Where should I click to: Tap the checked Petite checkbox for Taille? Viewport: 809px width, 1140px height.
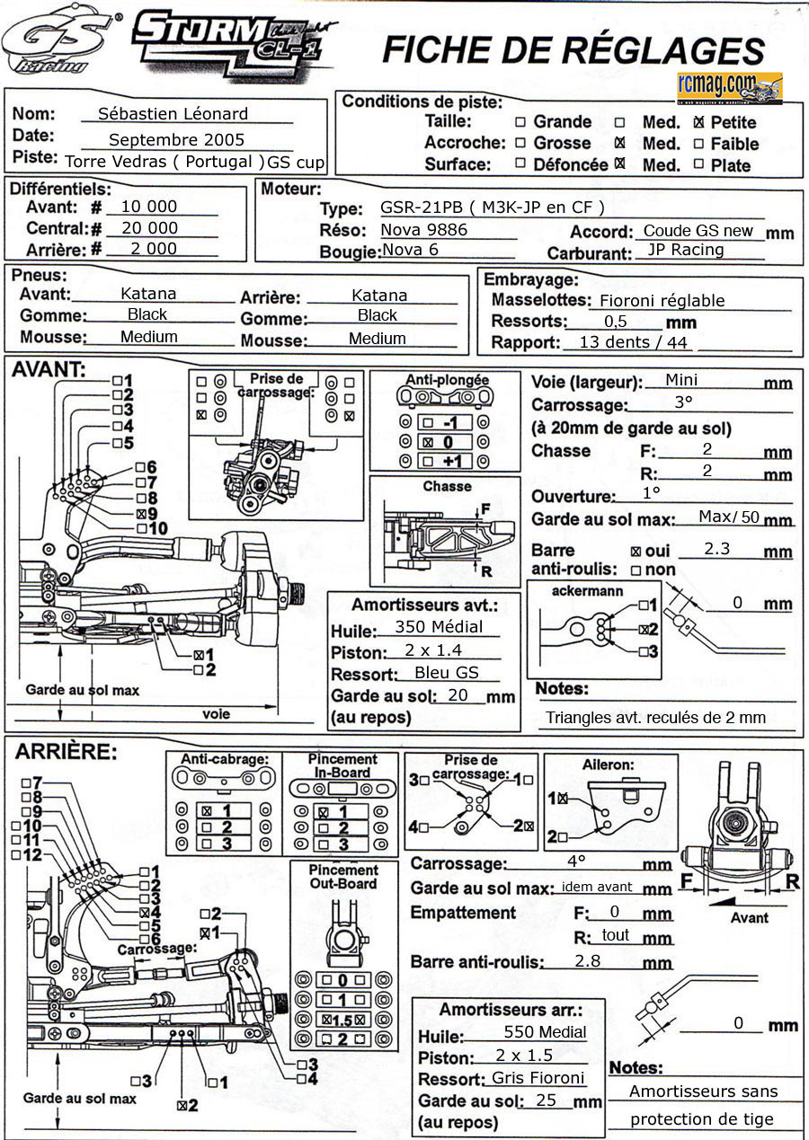[700, 121]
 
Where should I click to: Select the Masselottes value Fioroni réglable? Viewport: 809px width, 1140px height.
[662, 301]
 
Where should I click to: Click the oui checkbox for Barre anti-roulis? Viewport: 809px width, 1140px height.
[636, 551]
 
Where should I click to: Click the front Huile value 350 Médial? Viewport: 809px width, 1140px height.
[439, 627]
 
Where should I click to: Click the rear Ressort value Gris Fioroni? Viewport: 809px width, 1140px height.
[538, 1078]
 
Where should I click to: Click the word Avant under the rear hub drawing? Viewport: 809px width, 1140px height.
[749, 917]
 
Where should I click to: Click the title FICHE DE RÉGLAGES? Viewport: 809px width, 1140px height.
[573, 50]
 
